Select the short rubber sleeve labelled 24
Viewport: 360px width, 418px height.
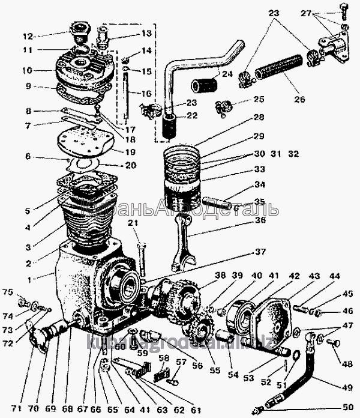[204, 85]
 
